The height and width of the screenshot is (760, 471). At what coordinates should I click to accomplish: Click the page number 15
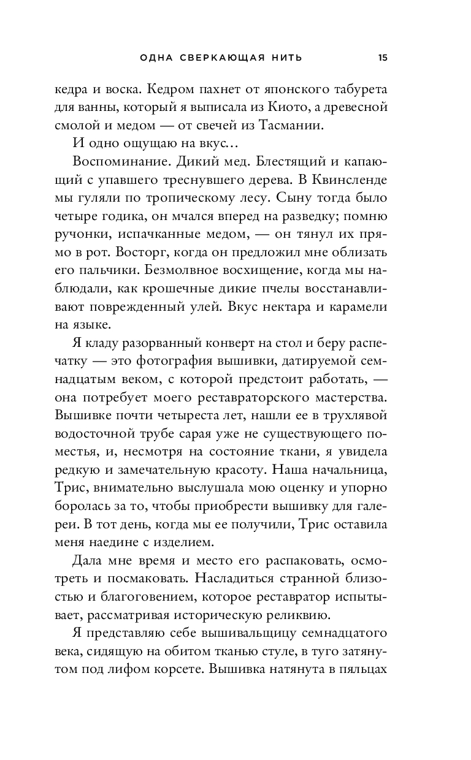tap(383, 58)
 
